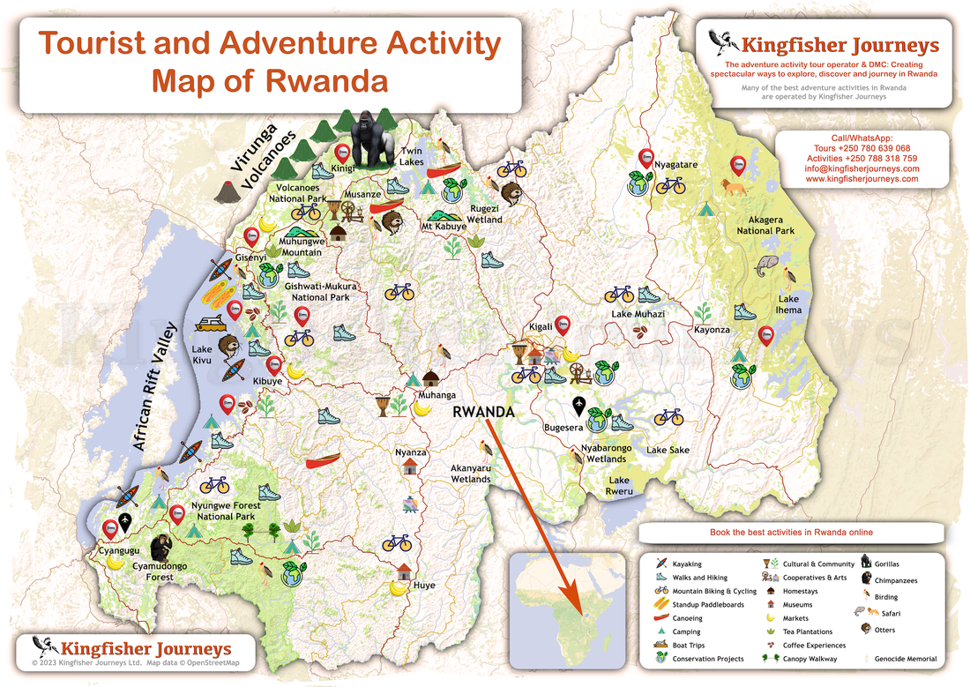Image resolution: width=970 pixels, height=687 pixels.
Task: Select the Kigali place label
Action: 540,326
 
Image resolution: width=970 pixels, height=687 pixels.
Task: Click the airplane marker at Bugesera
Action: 579,407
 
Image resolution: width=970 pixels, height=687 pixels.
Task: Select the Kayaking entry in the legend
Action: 687,564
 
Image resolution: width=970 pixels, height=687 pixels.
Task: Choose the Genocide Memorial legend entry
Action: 905,659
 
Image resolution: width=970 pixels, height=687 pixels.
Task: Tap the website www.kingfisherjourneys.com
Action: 862,179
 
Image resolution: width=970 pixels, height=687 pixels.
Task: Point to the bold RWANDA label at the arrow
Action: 482,411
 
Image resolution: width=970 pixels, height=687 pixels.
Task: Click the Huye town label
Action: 424,584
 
